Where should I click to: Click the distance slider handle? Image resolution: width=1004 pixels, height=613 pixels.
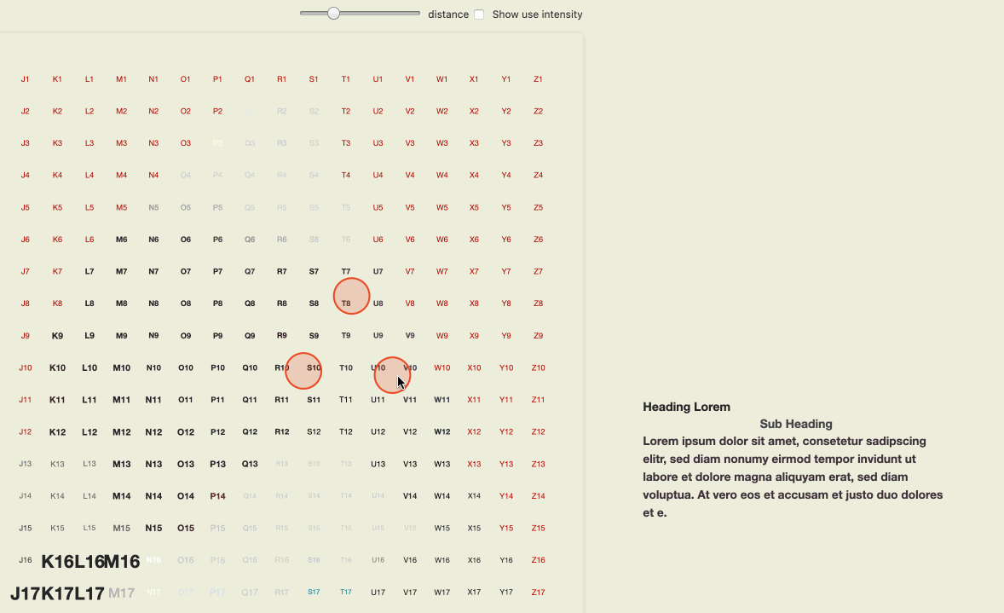[x=333, y=14]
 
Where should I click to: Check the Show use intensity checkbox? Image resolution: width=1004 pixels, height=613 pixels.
[x=479, y=14]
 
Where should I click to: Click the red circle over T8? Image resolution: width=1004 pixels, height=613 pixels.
[x=351, y=296]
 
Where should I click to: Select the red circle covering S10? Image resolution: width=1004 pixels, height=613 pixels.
[x=303, y=371]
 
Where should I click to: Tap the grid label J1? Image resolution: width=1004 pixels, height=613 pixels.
[x=26, y=79]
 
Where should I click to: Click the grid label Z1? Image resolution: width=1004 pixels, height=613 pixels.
[x=538, y=79]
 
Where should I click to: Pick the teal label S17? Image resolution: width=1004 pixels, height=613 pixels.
[x=314, y=592]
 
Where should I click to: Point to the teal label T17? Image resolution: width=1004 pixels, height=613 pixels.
[x=346, y=592]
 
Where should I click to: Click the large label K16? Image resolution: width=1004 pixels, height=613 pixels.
[x=58, y=562]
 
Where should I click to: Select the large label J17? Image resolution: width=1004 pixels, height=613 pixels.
[x=26, y=593]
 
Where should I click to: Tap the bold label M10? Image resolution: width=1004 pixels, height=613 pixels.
[x=121, y=368]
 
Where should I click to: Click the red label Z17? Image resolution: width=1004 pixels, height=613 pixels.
[x=538, y=593]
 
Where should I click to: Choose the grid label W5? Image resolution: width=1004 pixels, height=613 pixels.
[x=441, y=208]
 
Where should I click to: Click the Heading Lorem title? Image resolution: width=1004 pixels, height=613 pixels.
[x=686, y=407]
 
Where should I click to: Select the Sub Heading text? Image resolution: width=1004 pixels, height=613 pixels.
[x=795, y=424]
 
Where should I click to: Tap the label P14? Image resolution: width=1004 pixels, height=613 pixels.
[x=217, y=496]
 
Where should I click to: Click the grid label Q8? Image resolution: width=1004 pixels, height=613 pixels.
[x=250, y=304]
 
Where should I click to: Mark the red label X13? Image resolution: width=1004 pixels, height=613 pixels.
[x=474, y=465]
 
